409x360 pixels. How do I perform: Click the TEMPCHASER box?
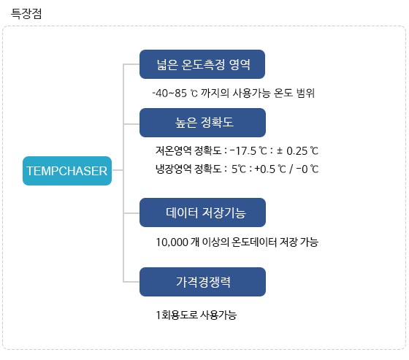[67, 171]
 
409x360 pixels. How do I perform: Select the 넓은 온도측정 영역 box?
[202, 64]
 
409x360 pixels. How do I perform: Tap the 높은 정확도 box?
[203, 123]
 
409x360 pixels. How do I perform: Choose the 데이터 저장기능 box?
[203, 212]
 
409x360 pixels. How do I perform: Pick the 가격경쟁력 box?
[203, 282]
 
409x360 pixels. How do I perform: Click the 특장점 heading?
[26, 14]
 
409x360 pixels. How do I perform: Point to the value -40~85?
[169, 93]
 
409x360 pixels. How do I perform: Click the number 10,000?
[172, 242]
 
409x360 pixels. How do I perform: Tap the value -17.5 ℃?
[248, 150]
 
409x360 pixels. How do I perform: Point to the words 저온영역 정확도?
[188, 150]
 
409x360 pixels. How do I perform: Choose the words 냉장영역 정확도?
[188, 169]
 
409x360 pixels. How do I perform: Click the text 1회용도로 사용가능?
[196, 315]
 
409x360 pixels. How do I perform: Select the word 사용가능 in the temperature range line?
[251, 93]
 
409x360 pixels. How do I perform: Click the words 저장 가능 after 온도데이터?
[299, 242]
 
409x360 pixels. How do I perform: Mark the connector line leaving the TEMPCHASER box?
[118, 170]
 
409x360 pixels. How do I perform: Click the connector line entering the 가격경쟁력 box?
[131, 282]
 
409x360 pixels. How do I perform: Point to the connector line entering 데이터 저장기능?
[131, 213]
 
